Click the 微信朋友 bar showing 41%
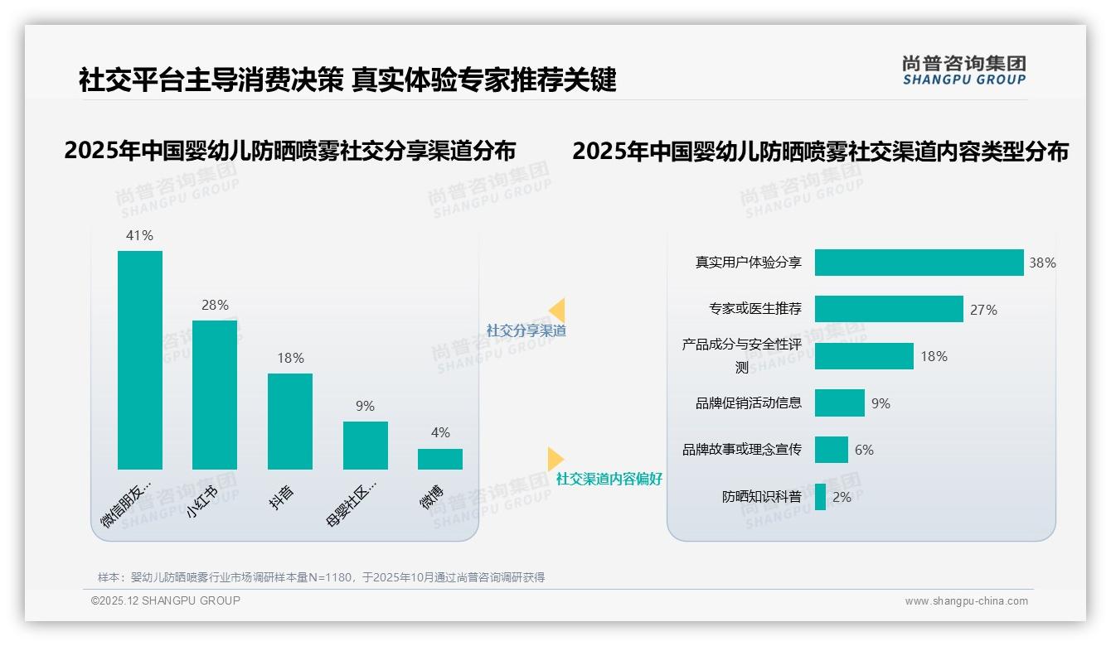point(140,360)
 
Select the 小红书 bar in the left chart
point(215,395)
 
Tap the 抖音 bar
point(290,422)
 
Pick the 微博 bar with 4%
point(440,459)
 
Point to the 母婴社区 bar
point(366,446)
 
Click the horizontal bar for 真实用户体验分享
point(919,263)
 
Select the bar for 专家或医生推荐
point(889,309)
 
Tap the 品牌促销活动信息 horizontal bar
point(839,403)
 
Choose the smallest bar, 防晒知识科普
point(820,497)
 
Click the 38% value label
point(1042,263)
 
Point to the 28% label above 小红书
point(215,306)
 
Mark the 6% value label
point(864,451)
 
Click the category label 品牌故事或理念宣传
point(742,450)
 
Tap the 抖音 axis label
point(282,497)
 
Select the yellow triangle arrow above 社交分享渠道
point(556,311)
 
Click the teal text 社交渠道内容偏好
point(609,479)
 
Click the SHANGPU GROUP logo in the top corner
point(963,70)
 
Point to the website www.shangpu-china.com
point(966,601)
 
